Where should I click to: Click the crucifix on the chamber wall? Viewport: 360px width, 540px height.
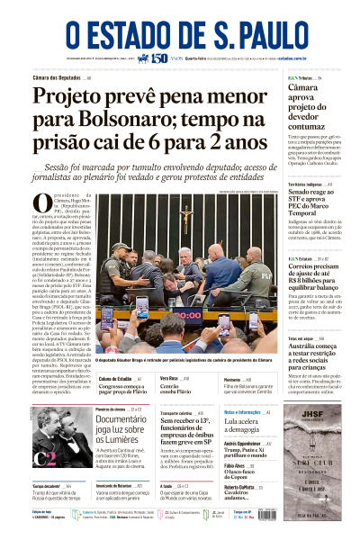[x=185, y=219]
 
